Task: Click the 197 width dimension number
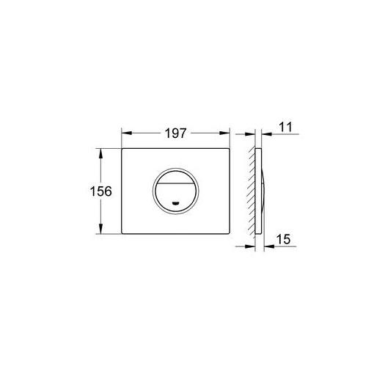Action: click(175, 133)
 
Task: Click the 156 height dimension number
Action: click(101, 191)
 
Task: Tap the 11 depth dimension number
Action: click(285, 128)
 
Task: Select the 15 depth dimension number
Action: click(284, 239)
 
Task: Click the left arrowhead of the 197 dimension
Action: click(127, 133)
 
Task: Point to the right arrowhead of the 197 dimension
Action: click(224, 133)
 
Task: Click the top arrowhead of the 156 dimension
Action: click(100, 153)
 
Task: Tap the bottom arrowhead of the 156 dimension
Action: click(100, 229)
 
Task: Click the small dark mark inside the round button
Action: click(176, 202)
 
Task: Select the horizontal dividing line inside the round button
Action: click(175, 183)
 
